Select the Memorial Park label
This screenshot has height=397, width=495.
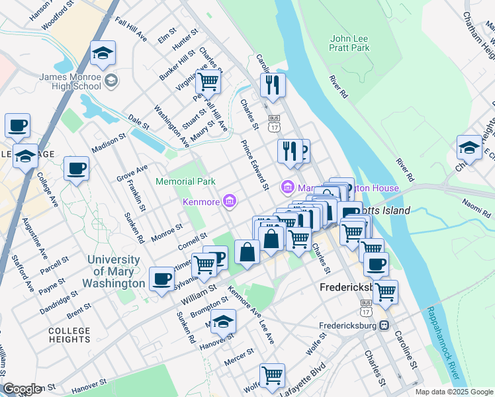click(x=185, y=181)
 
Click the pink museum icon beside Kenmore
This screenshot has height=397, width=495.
click(x=230, y=200)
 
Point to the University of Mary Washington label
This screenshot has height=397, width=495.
click(x=116, y=271)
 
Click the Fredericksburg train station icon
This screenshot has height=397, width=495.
click(x=382, y=326)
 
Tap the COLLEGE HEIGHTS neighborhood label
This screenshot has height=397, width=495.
click(x=69, y=335)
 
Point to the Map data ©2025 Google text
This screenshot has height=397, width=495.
click(x=453, y=392)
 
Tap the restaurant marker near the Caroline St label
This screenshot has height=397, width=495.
click(x=272, y=85)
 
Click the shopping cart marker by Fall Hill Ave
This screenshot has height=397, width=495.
click(x=208, y=83)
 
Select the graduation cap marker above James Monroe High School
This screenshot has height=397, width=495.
click(x=103, y=54)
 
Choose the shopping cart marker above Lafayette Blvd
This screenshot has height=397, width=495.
click(x=272, y=375)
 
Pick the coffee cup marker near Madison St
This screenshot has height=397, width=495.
click(x=76, y=168)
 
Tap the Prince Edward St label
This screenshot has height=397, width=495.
click(x=254, y=165)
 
